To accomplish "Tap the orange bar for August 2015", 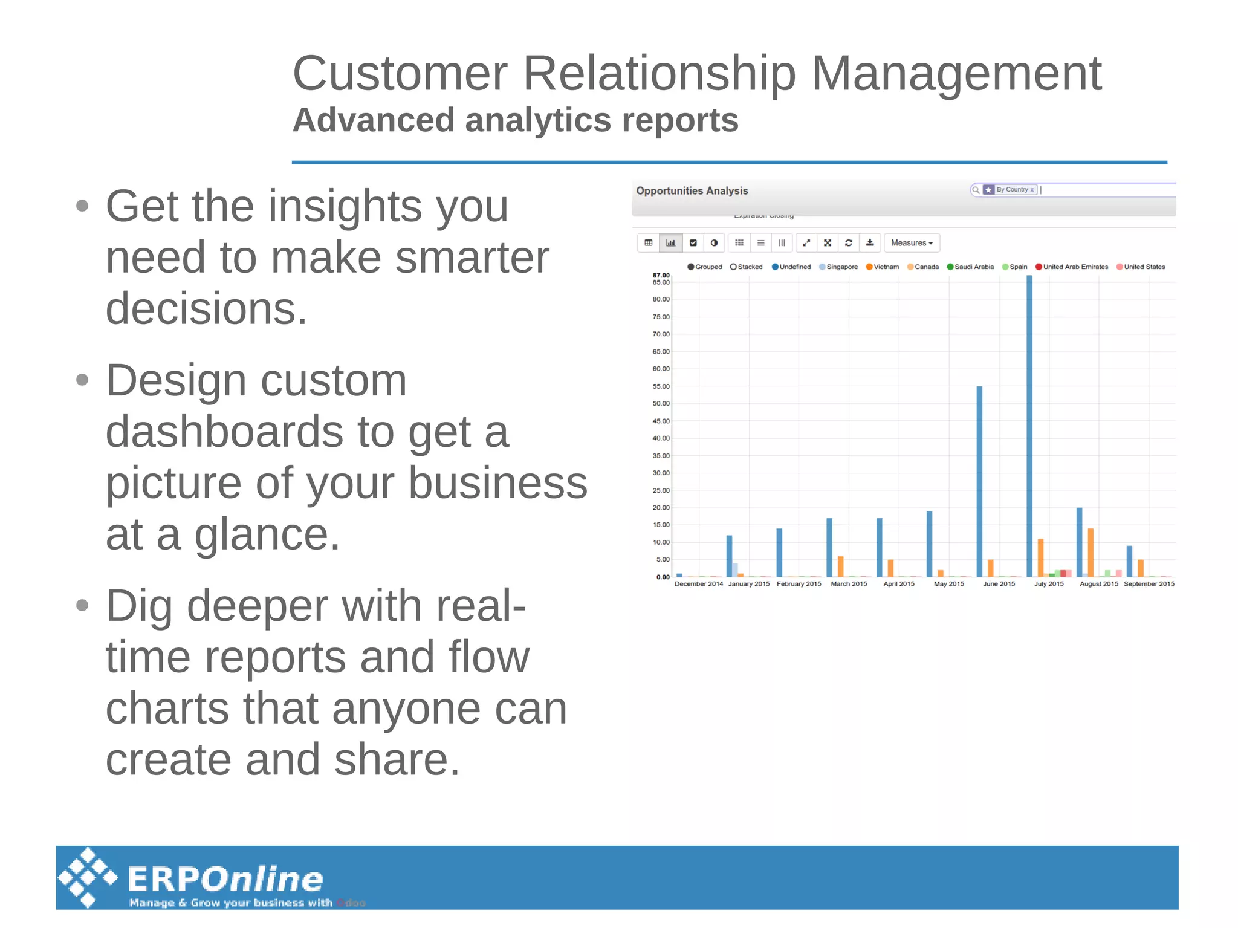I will click(1091, 552).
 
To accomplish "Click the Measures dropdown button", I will click(912, 243).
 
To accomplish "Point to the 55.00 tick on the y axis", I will click(661, 386).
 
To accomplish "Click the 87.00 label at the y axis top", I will click(661, 275).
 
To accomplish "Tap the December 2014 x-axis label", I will click(698, 584).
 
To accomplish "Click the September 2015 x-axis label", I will click(1149, 584).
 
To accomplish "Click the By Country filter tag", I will click(1010, 190).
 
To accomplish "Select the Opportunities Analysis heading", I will click(692, 191).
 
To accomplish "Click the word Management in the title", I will click(956, 74).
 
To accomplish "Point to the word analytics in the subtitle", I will click(538, 120).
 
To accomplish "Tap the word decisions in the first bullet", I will click(206, 308).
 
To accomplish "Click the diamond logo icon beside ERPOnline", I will click(88, 877).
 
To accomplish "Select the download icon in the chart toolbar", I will click(870, 243).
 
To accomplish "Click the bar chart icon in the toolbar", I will click(670, 243).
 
